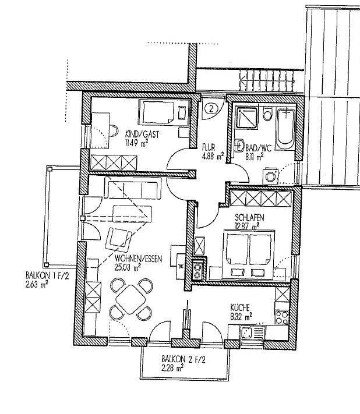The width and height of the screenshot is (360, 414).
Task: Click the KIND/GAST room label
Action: (x=142, y=134)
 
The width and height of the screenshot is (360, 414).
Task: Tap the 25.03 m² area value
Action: (x=128, y=267)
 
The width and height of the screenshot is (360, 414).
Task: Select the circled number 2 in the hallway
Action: (x=211, y=108)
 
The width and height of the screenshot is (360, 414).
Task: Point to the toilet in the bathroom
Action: (x=267, y=114)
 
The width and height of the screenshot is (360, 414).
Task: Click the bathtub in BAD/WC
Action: (x=285, y=129)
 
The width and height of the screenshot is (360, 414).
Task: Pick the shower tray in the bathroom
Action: (x=246, y=118)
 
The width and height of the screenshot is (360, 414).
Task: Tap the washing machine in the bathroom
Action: (x=270, y=176)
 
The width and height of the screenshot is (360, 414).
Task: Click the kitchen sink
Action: (x=252, y=332)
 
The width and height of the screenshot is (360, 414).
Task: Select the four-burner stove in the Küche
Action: (x=282, y=317)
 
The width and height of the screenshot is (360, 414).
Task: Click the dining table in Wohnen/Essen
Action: (x=130, y=299)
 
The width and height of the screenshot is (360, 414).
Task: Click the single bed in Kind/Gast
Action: (x=164, y=112)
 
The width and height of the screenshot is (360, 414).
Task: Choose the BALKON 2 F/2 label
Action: (x=183, y=359)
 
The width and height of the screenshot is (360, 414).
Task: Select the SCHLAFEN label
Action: (x=249, y=218)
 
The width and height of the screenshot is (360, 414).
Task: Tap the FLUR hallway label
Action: (x=209, y=147)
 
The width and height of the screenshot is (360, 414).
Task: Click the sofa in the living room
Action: (x=133, y=187)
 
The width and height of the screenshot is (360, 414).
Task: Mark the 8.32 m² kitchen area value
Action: (x=241, y=317)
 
